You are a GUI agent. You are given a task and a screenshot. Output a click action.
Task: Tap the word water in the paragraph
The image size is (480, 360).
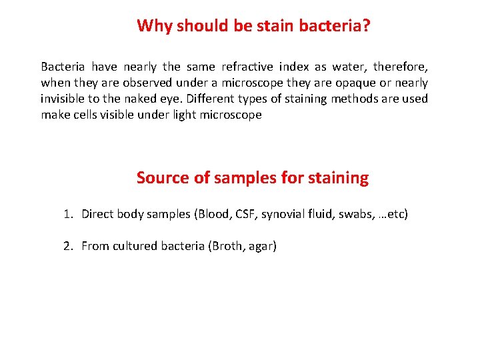[345, 67]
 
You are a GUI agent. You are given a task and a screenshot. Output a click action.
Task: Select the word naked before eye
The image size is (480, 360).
[141, 99]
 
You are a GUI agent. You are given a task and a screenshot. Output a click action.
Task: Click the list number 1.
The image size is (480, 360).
[67, 214]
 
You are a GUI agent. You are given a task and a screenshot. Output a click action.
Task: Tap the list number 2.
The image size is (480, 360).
[67, 246]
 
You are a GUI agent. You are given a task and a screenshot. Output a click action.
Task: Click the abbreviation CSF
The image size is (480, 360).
[245, 214]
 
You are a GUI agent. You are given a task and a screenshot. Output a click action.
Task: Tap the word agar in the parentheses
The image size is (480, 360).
[262, 247]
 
